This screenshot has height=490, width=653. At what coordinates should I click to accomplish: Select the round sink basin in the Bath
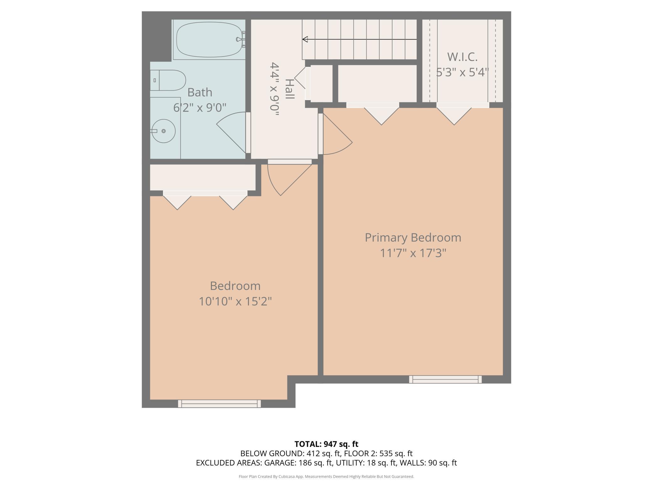(x=164, y=131)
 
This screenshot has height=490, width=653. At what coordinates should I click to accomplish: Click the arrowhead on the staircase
(x=305, y=39)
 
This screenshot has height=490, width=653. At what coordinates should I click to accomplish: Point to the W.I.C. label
(x=462, y=57)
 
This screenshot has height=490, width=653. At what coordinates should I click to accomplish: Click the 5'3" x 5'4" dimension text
(x=462, y=73)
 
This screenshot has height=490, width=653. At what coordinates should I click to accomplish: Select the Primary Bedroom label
(x=413, y=237)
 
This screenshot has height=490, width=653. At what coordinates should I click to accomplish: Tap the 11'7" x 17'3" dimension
(x=413, y=253)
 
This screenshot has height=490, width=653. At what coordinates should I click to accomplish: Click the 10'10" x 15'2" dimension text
(x=235, y=302)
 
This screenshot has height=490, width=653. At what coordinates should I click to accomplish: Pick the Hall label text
(x=289, y=89)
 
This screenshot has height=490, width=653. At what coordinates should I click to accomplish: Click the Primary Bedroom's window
(x=445, y=379)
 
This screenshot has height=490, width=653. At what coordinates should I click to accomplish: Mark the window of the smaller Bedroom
(x=219, y=404)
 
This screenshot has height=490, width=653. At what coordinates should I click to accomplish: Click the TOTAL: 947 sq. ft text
(x=326, y=444)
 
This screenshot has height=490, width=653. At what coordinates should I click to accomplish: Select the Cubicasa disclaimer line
(x=326, y=476)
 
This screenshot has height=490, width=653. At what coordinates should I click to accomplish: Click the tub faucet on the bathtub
(x=239, y=39)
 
